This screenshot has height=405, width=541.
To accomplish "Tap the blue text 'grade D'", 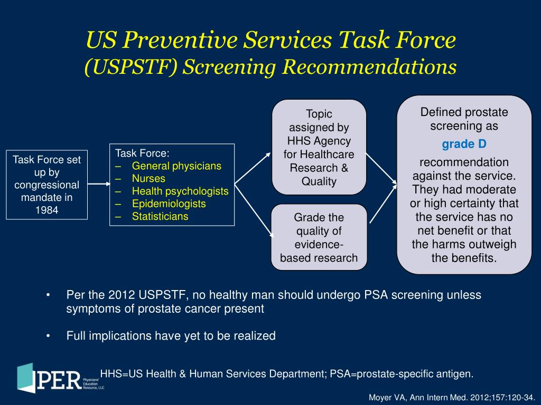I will pos(464,144).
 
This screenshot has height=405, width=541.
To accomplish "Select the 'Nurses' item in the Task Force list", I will pos(148,178).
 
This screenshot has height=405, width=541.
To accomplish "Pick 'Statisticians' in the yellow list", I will pos(160,216).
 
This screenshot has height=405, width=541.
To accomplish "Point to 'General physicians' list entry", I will pos(176,166).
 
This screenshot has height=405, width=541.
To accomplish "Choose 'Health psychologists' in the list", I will pos(180,191).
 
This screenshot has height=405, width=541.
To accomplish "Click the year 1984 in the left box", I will pos(46,210).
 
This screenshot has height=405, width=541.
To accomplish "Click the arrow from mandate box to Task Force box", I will pos(98,184).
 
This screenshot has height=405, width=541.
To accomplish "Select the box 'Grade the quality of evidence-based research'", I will pos(319,237).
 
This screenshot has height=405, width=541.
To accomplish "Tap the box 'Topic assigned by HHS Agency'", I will pos(319,147).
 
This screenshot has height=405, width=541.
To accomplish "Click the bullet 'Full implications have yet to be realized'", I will pos(171,336).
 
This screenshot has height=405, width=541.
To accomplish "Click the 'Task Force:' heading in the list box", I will pos(142,153).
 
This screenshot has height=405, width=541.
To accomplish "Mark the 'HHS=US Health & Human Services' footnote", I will pos(287,374).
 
